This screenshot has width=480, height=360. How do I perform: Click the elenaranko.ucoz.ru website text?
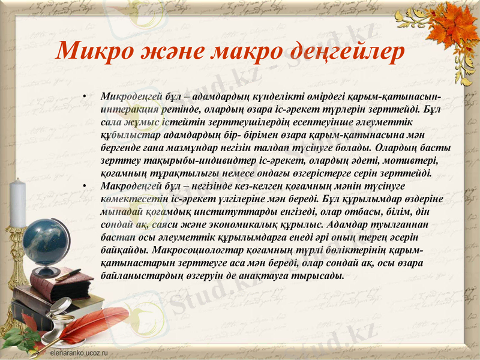(79, 353)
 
